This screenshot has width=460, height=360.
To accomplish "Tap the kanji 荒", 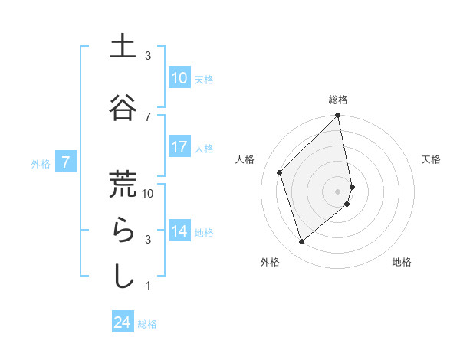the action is pyautogui.click(x=123, y=185).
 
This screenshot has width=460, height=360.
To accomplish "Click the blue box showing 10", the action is pyautogui.click(x=179, y=78).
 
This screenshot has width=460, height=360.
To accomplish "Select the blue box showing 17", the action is pyautogui.click(x=179, y=147).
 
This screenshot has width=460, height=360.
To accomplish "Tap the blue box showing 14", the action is pyautogui.click(x=179, y=231).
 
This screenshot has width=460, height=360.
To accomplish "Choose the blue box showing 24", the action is pyautogui.click(x=123, y=322).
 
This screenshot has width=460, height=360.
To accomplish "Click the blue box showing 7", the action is pyautogui.click(x=67, y=162).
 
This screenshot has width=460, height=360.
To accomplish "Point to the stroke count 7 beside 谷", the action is pyautogui.click(x=148, y=116).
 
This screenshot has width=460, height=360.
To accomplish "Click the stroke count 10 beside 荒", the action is pyautogui.click(x=148, y=193).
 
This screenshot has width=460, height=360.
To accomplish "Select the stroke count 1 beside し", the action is pyautogui.click(x=148, y=286).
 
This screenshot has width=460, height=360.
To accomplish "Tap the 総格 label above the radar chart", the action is pyautogui.click(x=338, y=100).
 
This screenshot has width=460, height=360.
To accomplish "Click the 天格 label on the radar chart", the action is pyautogui.click(x=432, y=159).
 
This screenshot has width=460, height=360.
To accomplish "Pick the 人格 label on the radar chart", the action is pyautogui.click(x=245, y=159).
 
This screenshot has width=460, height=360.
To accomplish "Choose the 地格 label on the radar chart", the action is pyautogui.click(x=402, y=262).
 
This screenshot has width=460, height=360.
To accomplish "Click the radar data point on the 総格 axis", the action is pyautogui.click(x=338, y=116).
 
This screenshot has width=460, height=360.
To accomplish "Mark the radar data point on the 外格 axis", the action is pyautogui.click(x=301, y=242).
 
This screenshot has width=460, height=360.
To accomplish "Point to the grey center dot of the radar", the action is pyautogui.click(x=338, y=191).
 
